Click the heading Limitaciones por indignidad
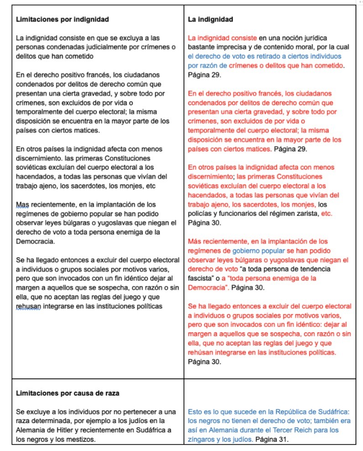click(x=62, y=20)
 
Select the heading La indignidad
click(x=210, y=20)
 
